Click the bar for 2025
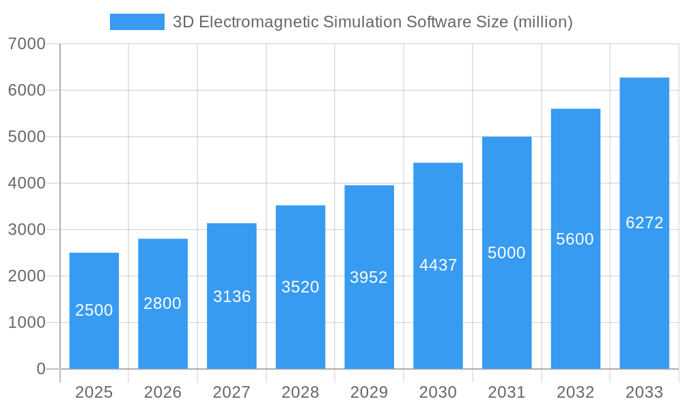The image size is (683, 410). [x=94, y=311]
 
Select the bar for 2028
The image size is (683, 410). [x=301, y=287]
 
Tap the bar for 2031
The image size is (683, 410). [x=507, y=253]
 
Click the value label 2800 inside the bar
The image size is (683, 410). [x=163, y=303]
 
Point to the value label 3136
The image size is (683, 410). [x=232, y=297]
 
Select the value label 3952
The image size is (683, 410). [x=369, y=277]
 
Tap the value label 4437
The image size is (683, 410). [x=438, y=265]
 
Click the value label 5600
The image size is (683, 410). [x=575, y=239]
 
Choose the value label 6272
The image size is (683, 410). [x=644, y=223]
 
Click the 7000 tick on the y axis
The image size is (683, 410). [x=27, y=44]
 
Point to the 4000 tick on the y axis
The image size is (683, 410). [x=27, y=184]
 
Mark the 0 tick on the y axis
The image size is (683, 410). [x=40, y=370]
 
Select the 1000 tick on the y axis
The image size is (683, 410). [x=27, y=323]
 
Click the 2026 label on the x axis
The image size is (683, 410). [x=163, y=393]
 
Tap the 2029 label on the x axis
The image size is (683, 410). [x=369, y=393]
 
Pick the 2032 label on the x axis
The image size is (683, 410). [x=575, y=393]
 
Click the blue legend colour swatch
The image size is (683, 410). [x=137, y=22]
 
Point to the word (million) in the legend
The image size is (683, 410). [x=542, y=22]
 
